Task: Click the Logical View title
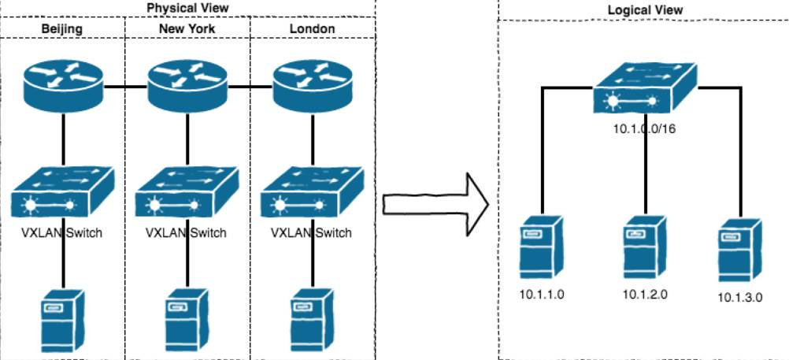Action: (645, 10)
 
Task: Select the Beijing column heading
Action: (62, 29)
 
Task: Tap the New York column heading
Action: (187, 29)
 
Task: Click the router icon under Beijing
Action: (62, 84)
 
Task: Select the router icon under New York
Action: (187, 84)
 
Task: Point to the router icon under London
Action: (311, 84)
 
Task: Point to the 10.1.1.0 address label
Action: (543, 295)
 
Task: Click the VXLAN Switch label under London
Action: (310, 233)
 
